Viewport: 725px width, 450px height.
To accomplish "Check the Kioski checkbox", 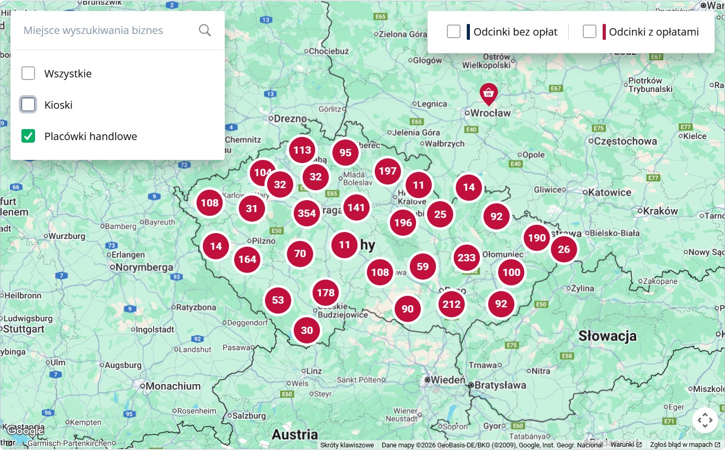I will tap(28, 105).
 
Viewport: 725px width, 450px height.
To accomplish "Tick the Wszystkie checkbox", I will tap(28, 73).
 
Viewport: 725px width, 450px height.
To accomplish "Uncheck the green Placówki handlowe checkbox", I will tap(28, 136).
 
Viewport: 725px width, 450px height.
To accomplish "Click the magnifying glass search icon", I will tap(205, 30).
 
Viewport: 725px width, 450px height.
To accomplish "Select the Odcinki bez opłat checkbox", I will tap(454, 32).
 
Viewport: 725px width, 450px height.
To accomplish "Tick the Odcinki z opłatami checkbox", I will tap(590, 32).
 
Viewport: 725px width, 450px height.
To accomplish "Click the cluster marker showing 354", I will tap(307, 213).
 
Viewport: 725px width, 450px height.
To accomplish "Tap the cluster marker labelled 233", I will tap(466, 258).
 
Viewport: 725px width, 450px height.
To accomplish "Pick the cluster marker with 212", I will tap(452, 304).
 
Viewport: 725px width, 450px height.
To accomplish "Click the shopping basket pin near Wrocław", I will tap(489, 93).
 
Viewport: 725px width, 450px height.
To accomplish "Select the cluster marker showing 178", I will tap(326, 293).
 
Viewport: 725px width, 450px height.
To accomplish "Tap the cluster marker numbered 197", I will tap(388, 171).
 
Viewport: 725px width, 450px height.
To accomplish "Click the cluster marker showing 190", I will tap(537, 238).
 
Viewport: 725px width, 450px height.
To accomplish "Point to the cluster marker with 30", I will tap(307, 330).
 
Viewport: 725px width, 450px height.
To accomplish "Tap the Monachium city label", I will tap(173, 386).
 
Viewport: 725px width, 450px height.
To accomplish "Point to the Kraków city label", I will tap(661, 211).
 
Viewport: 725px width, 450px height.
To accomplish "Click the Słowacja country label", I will tap(607, 336).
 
